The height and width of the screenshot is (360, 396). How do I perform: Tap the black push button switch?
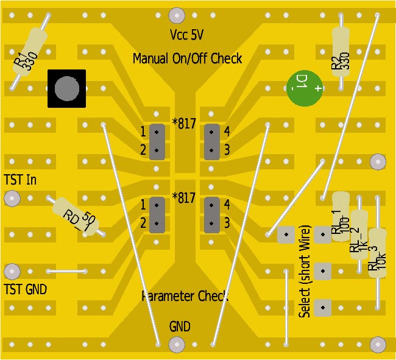click(x=66, y=89)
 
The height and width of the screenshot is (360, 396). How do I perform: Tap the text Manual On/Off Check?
click(x=187, y=58)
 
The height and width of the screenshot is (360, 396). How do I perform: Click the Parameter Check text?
click(x=185, y=297)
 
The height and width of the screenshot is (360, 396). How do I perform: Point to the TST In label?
click(x=20, y=180)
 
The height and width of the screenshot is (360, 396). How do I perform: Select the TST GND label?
click(x=26, y=288)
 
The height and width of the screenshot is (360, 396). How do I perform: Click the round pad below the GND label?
click(x=177, y=344)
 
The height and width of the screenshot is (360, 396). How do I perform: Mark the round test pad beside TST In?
click(x=12, y=198)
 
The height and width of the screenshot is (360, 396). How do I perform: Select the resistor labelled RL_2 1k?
click(x=359, y=235)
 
